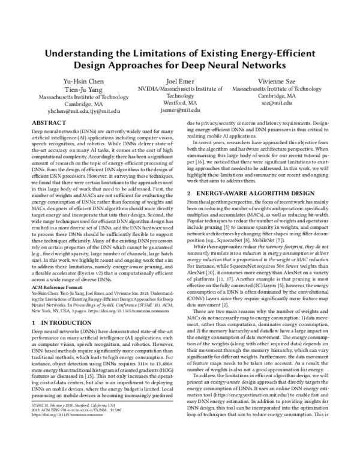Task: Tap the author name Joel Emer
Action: [180, 81]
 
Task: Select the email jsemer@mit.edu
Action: [180, 110]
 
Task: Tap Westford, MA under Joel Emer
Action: [180, 103]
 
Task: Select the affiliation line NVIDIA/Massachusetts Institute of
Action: [180, 89]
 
